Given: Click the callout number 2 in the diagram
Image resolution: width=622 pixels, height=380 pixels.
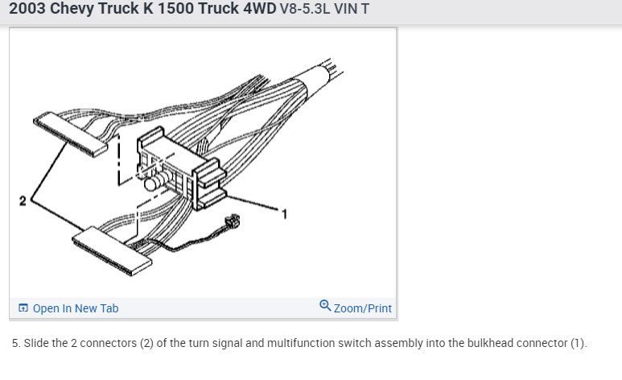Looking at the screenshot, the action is coord(23,200).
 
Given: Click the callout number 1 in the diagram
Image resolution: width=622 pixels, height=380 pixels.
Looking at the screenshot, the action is coord(284,214).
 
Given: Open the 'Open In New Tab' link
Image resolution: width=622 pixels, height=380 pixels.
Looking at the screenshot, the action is coord(76,308).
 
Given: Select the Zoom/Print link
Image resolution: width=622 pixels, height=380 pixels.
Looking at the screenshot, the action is coord(363,308).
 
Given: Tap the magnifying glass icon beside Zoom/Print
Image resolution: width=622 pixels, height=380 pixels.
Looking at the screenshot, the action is coord(325,305).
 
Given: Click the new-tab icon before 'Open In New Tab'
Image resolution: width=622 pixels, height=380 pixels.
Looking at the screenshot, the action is coord(23,308).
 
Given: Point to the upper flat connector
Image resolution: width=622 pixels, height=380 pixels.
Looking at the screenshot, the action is coord(70,134).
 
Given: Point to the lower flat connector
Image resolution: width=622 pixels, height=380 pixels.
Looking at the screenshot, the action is coord(112,251).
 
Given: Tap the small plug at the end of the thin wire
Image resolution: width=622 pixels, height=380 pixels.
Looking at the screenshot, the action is coord(233,221).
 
